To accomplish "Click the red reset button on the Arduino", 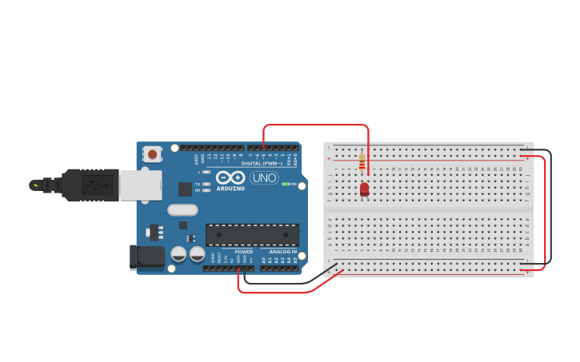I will pyautogui.click(x=152, y=153).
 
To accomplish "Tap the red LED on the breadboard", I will pyautogui.click(x=365, y=189).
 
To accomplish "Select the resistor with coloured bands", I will pyautogui.click(x=362, y=163).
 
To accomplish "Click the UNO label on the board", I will pyautogui.click(x=264, y=177).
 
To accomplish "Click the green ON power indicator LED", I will pyautogui.click(x=285, y=184).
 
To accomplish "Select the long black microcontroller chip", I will pyautogui.click(x=252, y=235).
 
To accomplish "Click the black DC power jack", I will pyautogui.click(x=146, y=257).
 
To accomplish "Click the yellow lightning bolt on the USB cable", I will pyautogui.click(x=34, y=185).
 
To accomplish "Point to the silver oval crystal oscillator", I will pyautogui.click(x=182, y=210).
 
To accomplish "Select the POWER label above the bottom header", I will pyautogui.click(x=244, y=252).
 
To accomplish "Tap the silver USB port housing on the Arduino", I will pyautogui.click(x=139, y=185).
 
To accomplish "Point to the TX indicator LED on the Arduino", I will pyautogui.click(x=206, y=184).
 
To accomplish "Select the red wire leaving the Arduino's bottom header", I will pyautogui.click(x=272, y=292).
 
